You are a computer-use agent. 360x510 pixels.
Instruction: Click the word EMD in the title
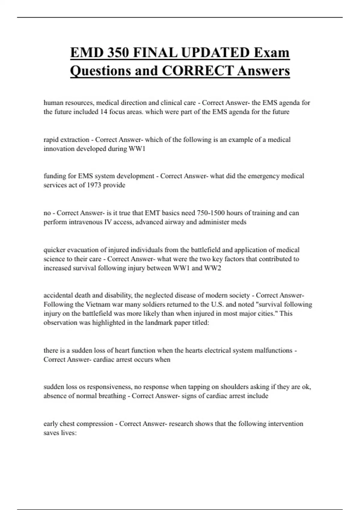pos(87,53)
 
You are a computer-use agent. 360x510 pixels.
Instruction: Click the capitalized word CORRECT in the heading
pos(198,71)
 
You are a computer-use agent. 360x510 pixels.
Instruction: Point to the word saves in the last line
pos(51,433)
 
